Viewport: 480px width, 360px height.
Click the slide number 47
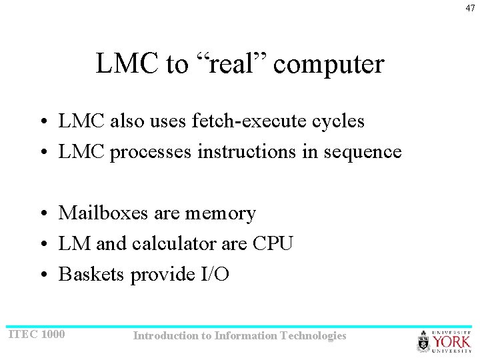tap(470, 8)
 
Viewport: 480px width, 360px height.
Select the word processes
tap(151, 153)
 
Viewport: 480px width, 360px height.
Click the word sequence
tap(362, 153)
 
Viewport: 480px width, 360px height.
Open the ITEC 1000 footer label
tap(36, 333)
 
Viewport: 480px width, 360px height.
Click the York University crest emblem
tap(424, 342)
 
